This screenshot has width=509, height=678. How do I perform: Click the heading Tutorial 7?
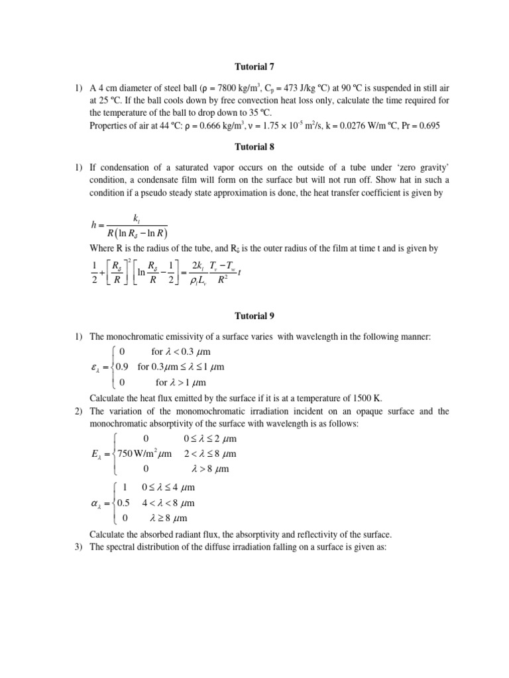[254, 67]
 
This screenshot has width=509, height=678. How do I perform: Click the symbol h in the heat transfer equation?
[93, 225]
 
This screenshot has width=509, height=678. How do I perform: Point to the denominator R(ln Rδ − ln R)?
[137, 233]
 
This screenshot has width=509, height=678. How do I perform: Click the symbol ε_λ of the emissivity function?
[96, 367]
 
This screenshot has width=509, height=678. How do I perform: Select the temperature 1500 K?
[375, 399]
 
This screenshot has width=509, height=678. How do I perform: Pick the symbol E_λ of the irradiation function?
[97, 454]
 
